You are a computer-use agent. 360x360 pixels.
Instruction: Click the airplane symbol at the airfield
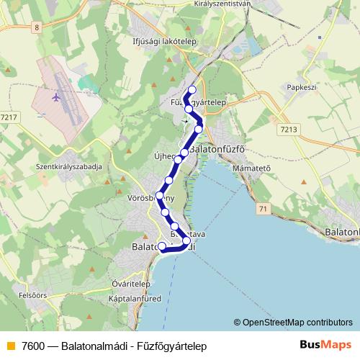coord(57,96)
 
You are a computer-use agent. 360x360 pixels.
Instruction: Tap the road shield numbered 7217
coord(10,117)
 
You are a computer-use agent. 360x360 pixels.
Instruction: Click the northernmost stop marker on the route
coord(192,90)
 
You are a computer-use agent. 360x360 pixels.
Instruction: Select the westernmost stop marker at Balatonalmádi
coord(161,247)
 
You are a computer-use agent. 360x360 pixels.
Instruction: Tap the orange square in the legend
coord(9,346)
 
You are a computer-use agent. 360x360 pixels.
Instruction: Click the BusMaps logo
coord(327,346)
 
